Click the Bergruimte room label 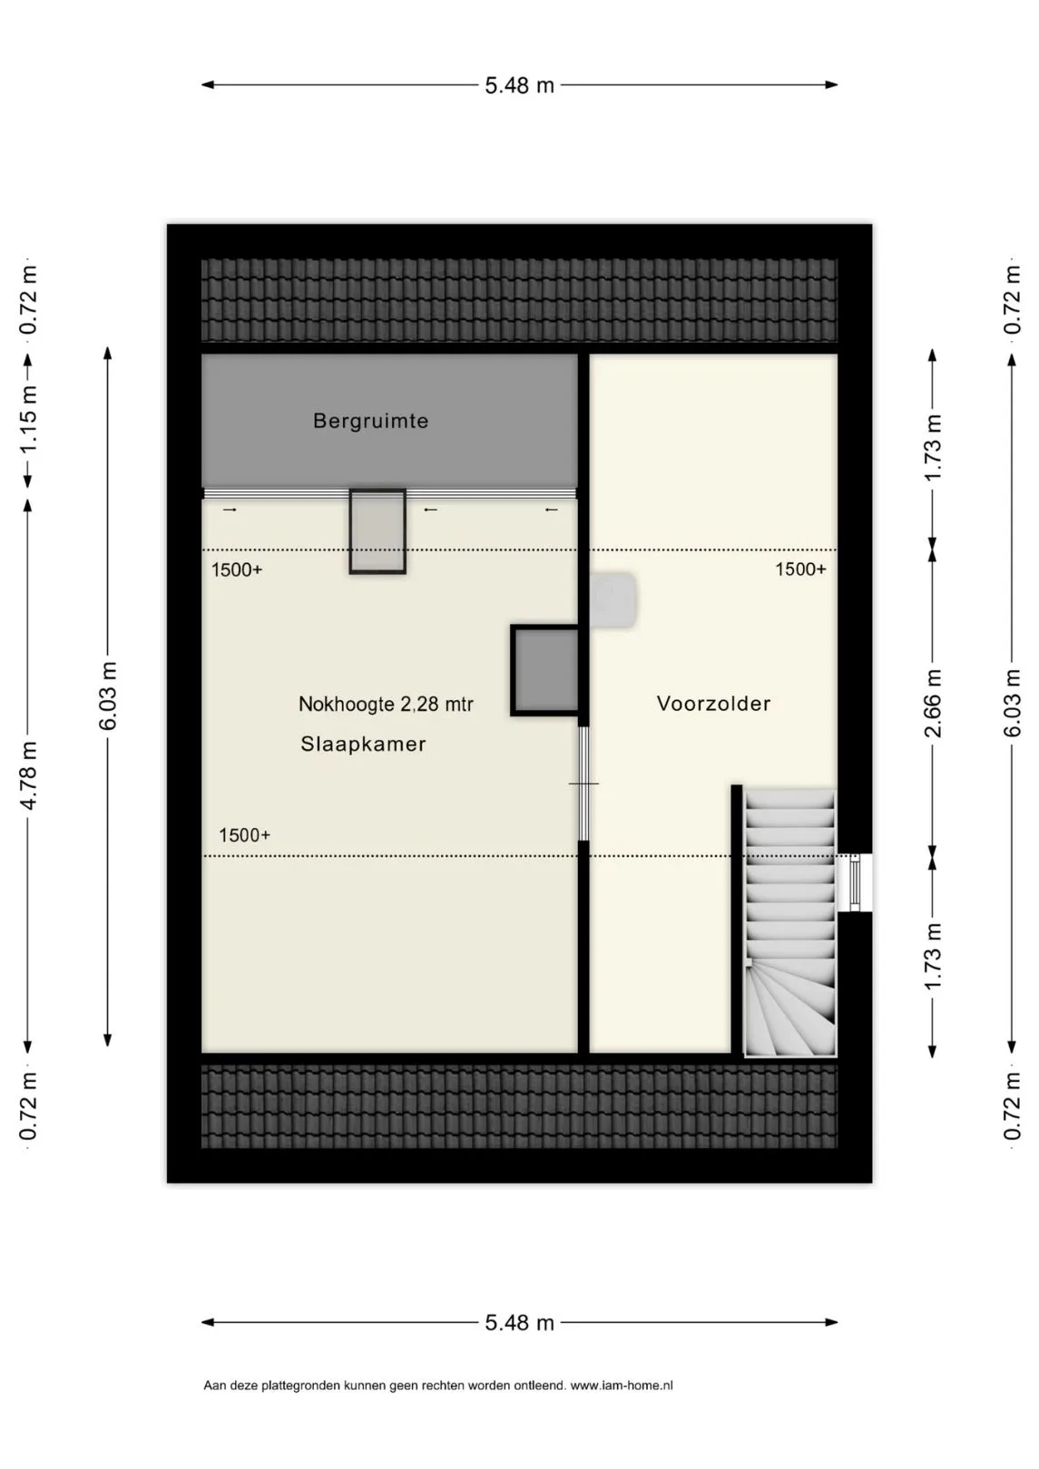370,421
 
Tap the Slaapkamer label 363,744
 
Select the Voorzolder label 713,704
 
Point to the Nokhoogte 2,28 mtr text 386,705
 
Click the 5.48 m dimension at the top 519,85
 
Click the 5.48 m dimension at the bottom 519,1323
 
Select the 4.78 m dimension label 28,775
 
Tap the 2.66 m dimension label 933,703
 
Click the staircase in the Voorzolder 789,924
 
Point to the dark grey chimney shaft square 544,670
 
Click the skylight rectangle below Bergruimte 377,531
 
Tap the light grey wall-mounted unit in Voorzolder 612,598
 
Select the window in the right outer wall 854,882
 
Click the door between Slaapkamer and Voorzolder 583,783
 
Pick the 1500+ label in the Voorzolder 800,569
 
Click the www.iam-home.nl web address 622,1386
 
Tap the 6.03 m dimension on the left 108,696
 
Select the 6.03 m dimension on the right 1012,703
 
